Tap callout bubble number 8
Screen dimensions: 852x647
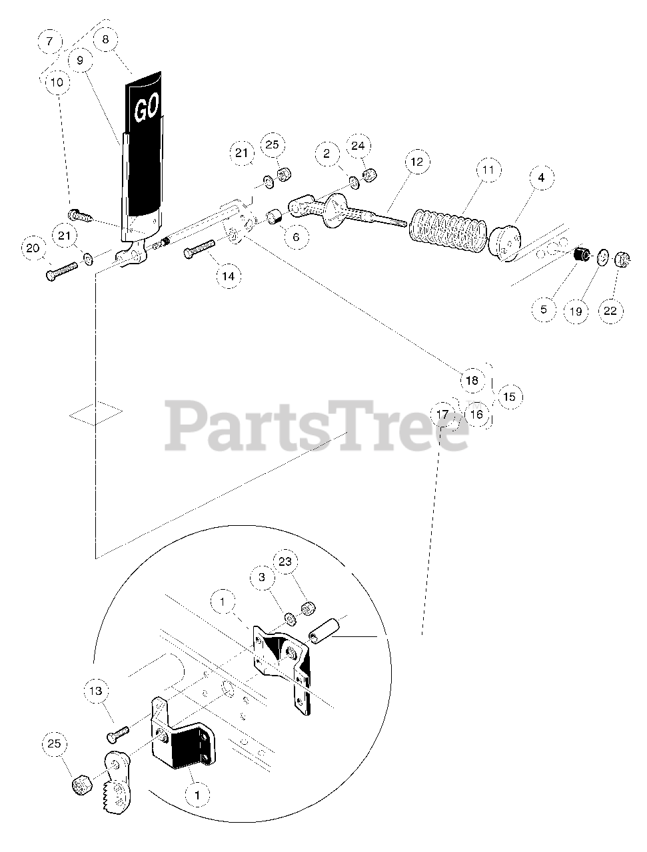tap(106, 39)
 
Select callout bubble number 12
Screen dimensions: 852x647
tap(417, 162)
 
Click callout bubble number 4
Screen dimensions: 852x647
tap(541, 178)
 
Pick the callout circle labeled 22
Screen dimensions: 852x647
tap(610, 310)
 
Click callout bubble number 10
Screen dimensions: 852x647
tap(57, 82)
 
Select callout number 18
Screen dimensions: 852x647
tap(472, 381)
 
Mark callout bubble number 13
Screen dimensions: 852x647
tap(97, 692)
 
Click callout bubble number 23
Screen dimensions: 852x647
tap(285, 562)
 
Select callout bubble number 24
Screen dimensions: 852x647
tap(358, 146)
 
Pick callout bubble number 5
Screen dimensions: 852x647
tap(544, 310)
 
